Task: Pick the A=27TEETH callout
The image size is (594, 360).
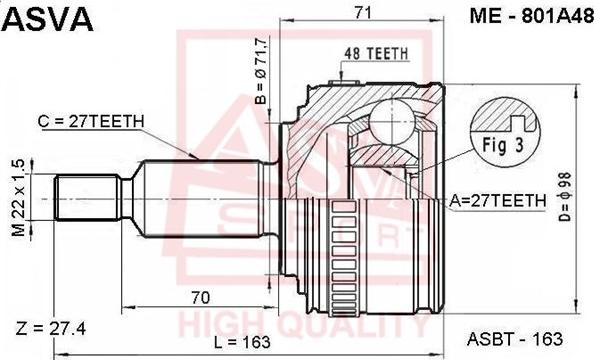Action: (497, 200)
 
